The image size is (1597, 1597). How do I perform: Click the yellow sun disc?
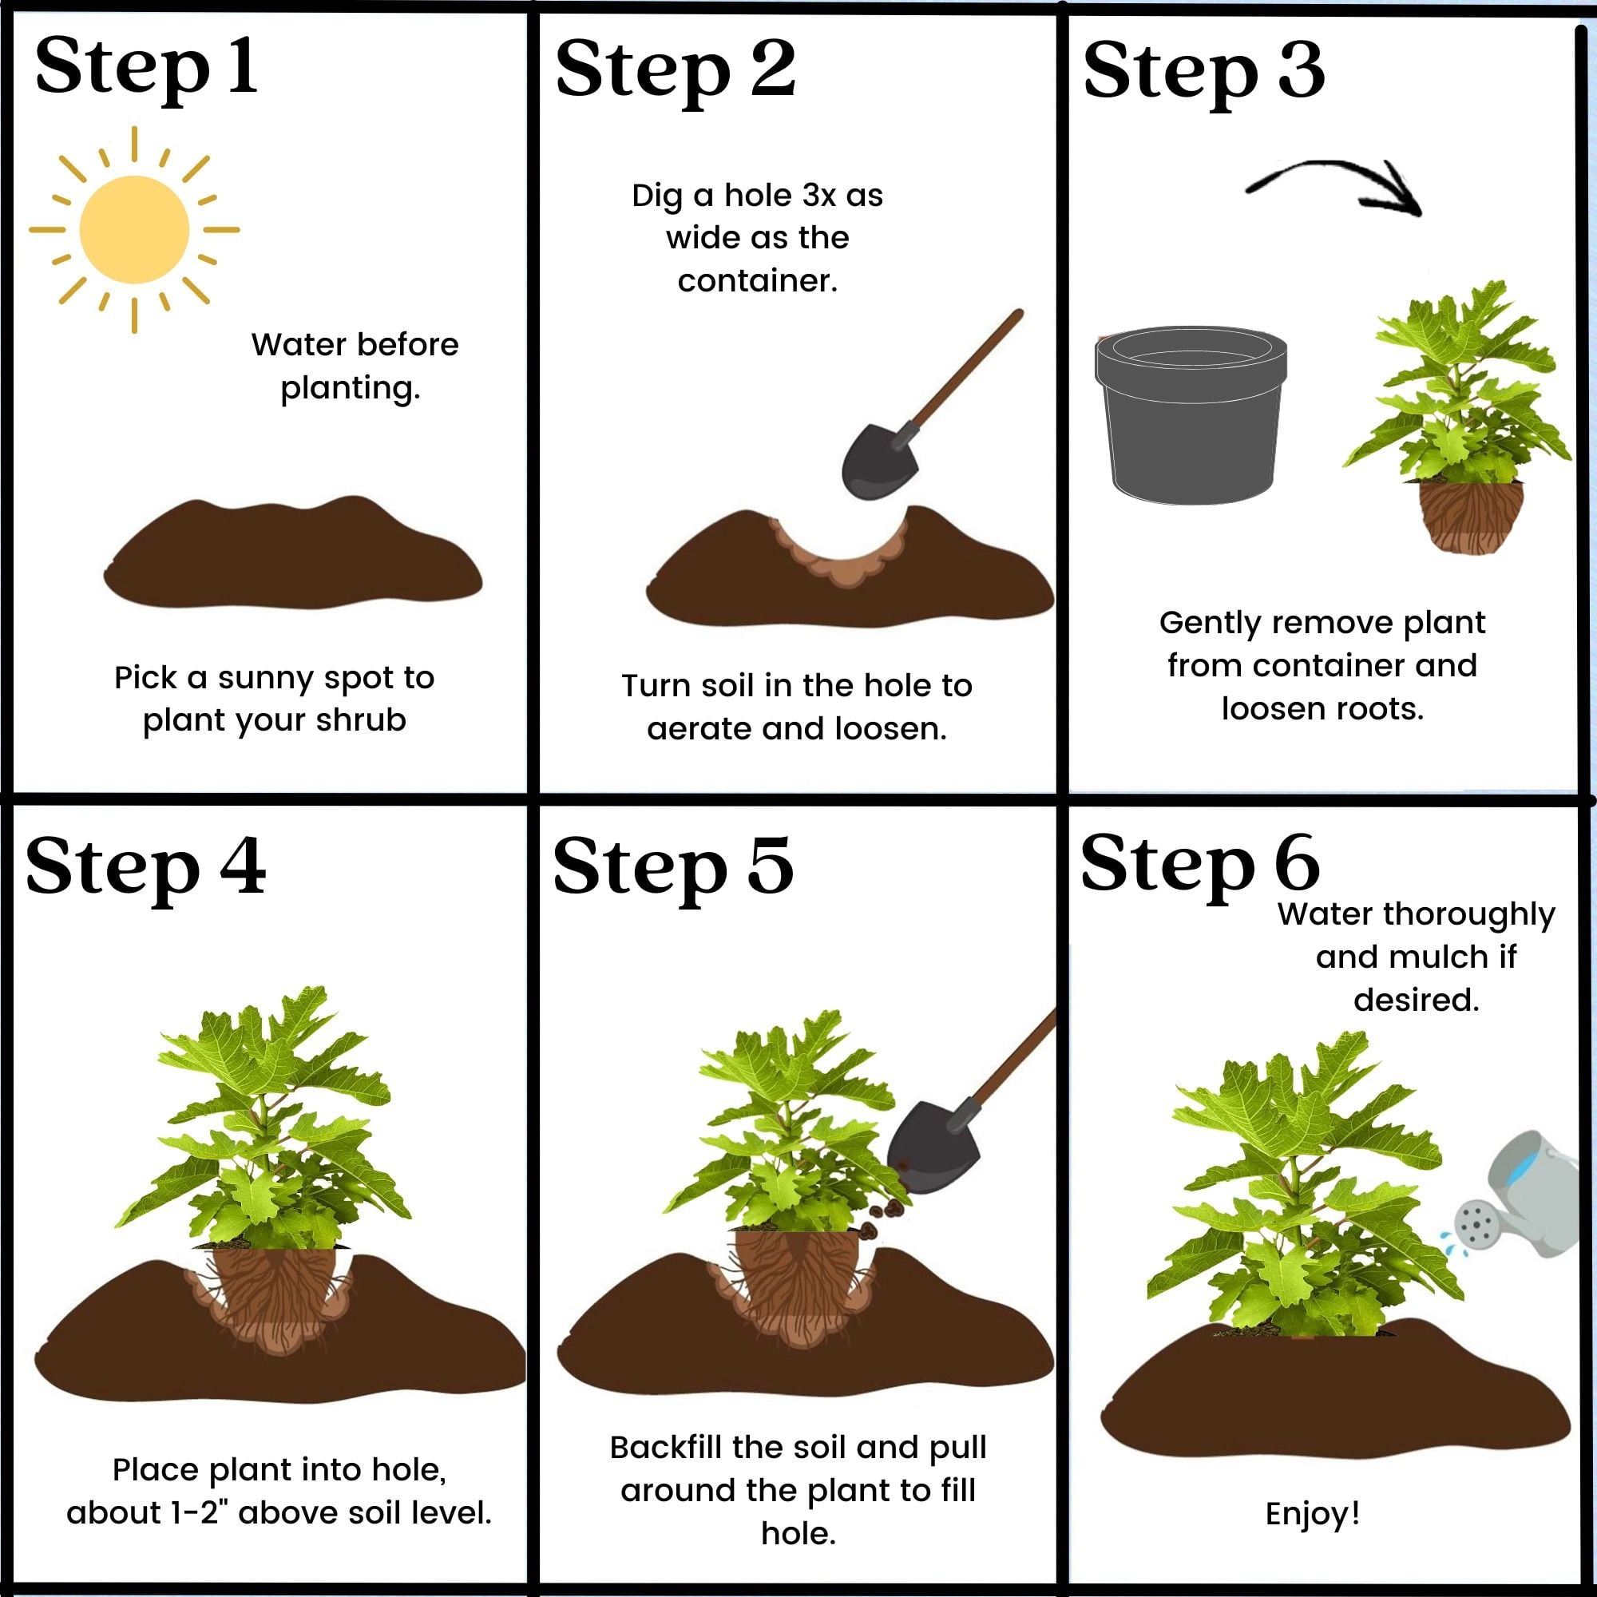point(134,230)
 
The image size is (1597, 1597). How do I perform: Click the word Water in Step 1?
point(289,345)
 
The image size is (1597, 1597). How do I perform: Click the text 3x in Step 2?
point(819,196)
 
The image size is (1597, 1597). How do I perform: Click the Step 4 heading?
point(146,867)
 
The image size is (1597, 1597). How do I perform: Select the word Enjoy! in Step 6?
point(1313,1512)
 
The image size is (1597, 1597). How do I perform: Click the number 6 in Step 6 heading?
point(1295,862)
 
